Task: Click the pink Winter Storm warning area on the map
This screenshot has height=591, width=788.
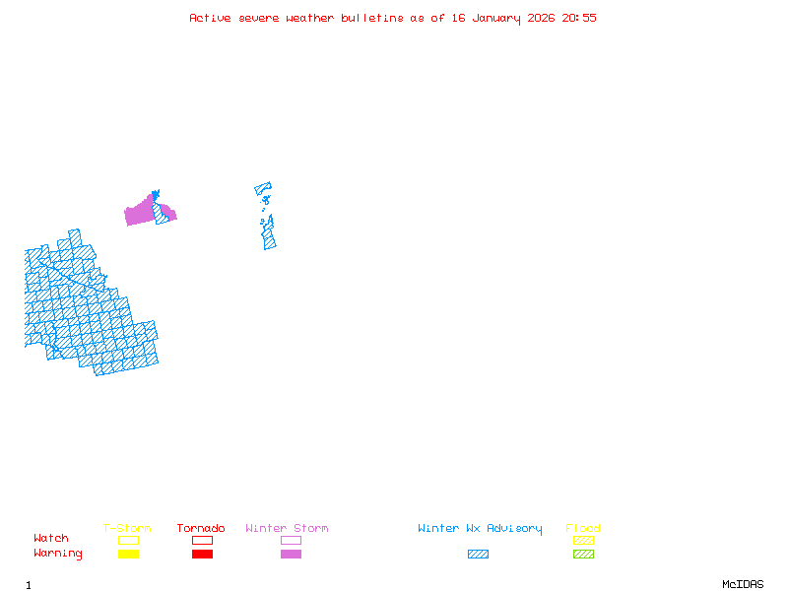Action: pyautogui.click(x=140, y=213)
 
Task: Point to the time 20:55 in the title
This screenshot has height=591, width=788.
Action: pyautogui.click(x=579, y=18)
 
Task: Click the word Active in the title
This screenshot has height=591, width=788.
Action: pyautogui.click(x=211, y=18)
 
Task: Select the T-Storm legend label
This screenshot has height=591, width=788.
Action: pyautogui.click(x=127, y=529)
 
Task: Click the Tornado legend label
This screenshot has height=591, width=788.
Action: pyautogui.click(x=201, y=529)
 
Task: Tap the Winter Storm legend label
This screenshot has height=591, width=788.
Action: pyautogui.click(x=287, y=529)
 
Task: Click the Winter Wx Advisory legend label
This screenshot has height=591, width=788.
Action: pyautogui.click(x=480, y=529)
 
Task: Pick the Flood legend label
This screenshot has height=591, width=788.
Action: pyautogui.click(x=583, y=529)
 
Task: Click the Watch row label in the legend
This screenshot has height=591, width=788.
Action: pyautogui.click(x=51, y=539)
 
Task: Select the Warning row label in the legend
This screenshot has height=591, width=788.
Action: pyautogui.click(x=58, y=554)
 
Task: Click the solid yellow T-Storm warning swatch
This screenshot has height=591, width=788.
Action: pyautogui.click(x=128, y=554)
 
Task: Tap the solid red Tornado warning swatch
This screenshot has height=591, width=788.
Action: pyautogui.click(x=202, y=554)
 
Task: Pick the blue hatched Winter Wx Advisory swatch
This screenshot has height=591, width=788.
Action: pyautogui.click(x=478, y=554)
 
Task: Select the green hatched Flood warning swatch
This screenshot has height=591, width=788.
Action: pyautogui.click(x=583, y=554)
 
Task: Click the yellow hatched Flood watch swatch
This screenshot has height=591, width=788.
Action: pyautogui.click(x=583, y=540)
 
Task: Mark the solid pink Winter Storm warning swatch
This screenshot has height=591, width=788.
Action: pyautogui.click(x=291, y=554)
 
